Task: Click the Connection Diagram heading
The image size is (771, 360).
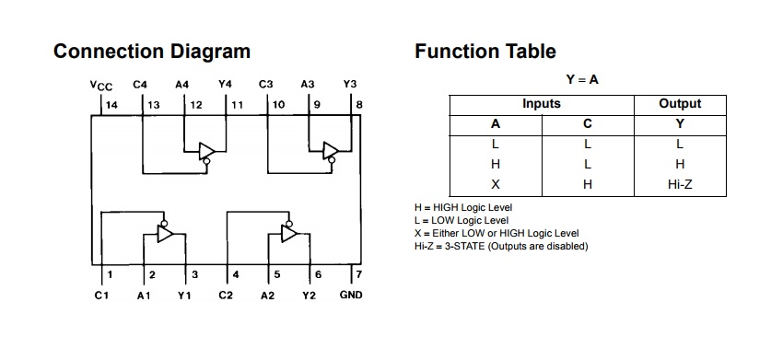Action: (x=152, y=51)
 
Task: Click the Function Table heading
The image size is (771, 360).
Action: (x=485, y=51)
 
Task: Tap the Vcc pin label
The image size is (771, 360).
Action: (x=101, y=85)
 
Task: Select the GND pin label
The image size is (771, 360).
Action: (x=351, y=295)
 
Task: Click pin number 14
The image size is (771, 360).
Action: (x=112, y=105)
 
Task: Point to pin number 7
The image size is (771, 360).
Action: (x=359, y=274)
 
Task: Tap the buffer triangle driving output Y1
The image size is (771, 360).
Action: (x=165, y=234)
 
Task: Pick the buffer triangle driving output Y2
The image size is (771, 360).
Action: (x=288, y=234)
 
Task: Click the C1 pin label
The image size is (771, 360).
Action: (x=101, y=295)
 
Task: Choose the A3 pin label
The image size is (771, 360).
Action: (x=308, y=85)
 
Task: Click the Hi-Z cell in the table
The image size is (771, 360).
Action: (x=680, y=184)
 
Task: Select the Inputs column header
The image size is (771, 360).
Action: (x=542, y=104)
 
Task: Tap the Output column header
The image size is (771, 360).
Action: (x=680, y=104)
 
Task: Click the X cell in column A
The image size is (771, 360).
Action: (x=496, y=184)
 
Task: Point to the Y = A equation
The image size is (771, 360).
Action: (x=582, y=80)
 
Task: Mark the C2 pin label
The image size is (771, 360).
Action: (x=226, y=295)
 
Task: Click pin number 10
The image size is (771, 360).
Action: (x=277, y=105)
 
